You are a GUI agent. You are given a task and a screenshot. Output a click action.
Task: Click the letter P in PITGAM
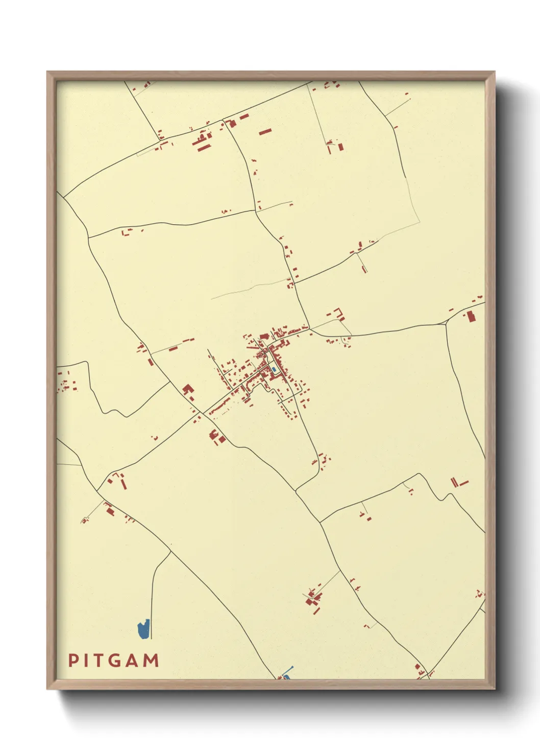tap(73, 660)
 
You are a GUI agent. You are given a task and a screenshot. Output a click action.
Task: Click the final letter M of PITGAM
tap(152, 660)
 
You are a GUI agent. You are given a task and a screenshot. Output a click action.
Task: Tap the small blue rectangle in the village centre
tap(274, 369)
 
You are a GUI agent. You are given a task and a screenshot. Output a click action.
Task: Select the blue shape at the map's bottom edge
tap(287, 677)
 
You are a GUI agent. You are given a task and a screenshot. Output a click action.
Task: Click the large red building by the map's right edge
tap(471, 317)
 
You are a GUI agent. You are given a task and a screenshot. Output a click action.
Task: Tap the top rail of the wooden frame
tap(271, 76)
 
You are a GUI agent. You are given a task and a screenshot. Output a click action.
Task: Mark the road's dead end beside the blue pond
tap(152, 638)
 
